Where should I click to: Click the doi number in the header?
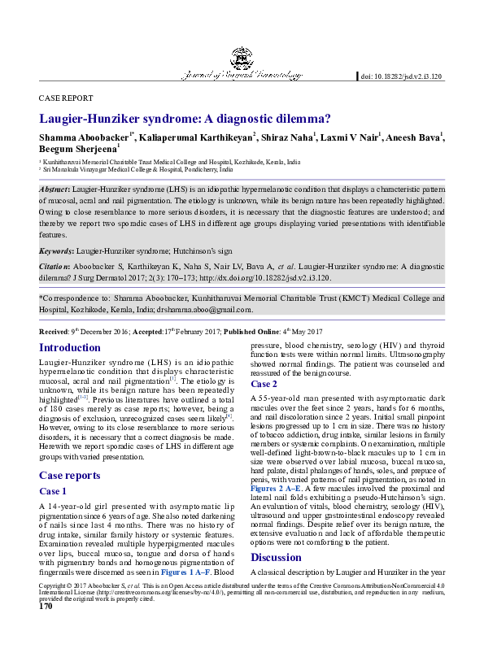[x=401, y=76]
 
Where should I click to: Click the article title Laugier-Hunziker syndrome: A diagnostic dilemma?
[x=191, y=118]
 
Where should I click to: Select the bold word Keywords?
[x=56, y=251]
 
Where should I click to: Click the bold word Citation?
[x=55, y=266]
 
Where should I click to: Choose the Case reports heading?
[x=70, y=475]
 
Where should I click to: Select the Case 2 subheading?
[x=264, y=384]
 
